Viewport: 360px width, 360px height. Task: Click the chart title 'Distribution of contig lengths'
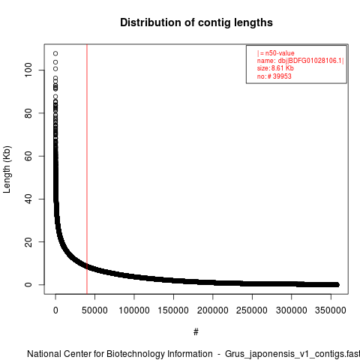pos(196,22)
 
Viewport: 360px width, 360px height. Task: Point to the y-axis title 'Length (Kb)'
pos(7,169)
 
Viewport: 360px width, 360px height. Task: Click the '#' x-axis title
pos(196,332)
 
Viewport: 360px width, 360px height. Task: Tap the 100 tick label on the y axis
pos(28,70)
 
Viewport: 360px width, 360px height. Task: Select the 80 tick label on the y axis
pos(28,113)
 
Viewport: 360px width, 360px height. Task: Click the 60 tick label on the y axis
pos(28,156)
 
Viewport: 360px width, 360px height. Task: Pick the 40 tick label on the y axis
pos(28,199)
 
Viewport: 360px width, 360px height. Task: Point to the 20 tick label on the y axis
pos(28,241)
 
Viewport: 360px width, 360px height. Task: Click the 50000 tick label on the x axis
pos(94,310)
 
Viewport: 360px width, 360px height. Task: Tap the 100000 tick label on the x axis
pos(134,310)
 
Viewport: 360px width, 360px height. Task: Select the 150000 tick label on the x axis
pos(173,310)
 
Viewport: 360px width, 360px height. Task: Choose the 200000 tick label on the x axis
pos(213,310)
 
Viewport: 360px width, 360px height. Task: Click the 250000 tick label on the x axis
pos(252,310)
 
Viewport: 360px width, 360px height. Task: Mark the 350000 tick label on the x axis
pos(331,310)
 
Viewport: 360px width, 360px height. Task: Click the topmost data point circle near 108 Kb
pos(55,53)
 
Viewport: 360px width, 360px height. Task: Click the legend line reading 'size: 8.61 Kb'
pos(275,68)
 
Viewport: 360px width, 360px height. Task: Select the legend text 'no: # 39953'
pos(274,76)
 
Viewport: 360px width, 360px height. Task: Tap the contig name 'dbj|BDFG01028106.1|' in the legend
pos(310,61)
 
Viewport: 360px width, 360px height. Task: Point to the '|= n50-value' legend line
pos(275,53)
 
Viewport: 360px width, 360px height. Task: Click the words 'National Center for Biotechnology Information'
pos(120,354)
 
